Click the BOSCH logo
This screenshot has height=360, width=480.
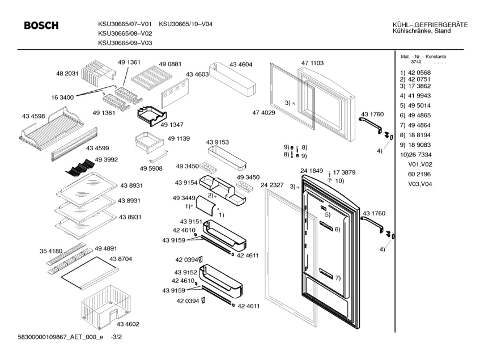[41, 26]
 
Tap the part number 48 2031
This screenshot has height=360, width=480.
[67, 74]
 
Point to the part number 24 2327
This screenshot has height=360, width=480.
[271, 185]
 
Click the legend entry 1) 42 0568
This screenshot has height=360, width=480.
[415, 73]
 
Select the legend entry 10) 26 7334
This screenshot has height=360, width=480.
[415, 155]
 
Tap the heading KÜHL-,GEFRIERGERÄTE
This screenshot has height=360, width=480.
[430, 24]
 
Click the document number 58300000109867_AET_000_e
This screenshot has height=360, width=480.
[54, 338]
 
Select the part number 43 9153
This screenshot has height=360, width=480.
[218, 142]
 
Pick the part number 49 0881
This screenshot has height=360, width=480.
[170, 64]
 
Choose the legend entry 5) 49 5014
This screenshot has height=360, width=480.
[415, 105]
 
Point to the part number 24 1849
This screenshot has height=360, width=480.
[312, 171]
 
